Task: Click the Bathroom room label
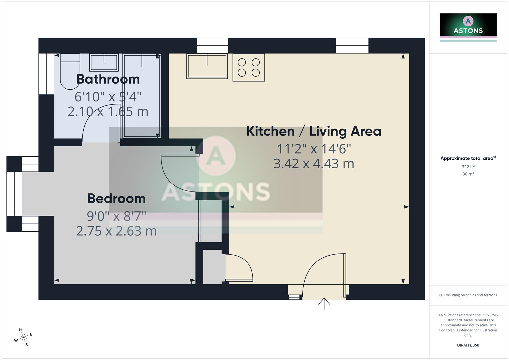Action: click(x=108, y=79)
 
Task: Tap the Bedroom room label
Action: click(x=116, y=199)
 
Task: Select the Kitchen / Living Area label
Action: click(x=314, y=131)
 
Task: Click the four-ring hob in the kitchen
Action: click(x=249, y=68)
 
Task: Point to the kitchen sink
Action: click(x=207, y=66)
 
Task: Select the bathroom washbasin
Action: click(x=104, y=62)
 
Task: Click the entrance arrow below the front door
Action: click(x=324, y=303)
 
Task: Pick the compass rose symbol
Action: click(x=23, y=338)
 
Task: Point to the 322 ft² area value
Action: click(x=468, y=167)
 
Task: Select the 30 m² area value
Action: click(x=468, y=174)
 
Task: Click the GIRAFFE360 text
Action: click(x=468, y=345)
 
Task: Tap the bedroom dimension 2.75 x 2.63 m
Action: click(x=116, y=231)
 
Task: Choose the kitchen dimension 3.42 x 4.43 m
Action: click(x=314, y=164)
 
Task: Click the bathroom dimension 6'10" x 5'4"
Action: click(x=108, y=97)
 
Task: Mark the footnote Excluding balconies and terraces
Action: click(x=468, y=295)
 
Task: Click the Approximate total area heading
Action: click(x=468, y=158)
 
